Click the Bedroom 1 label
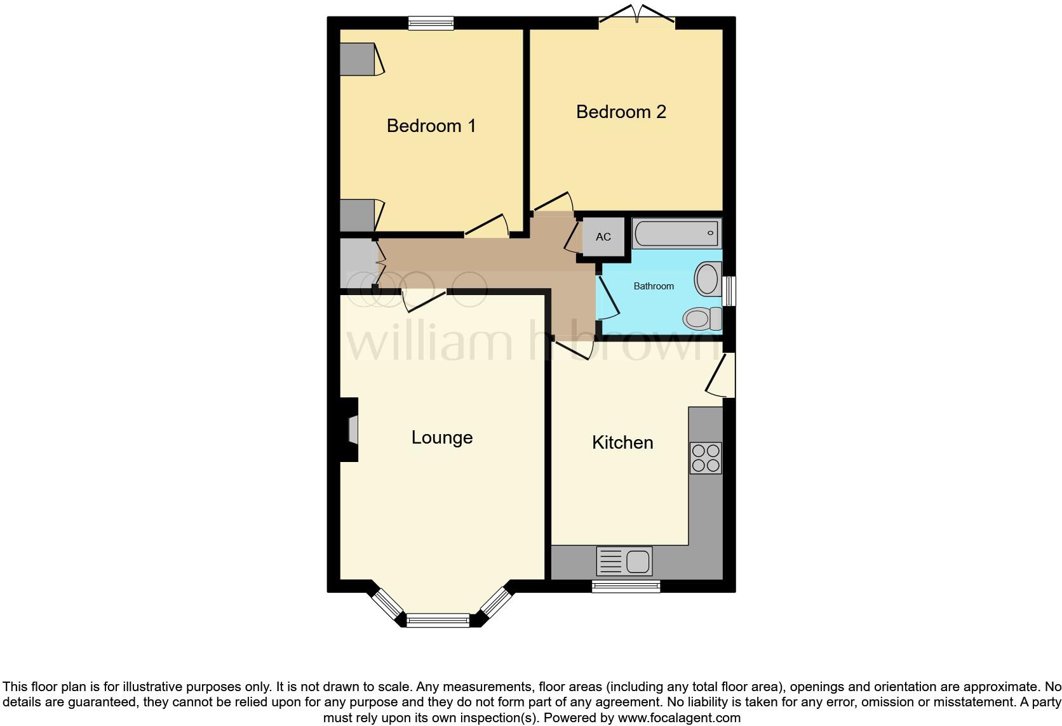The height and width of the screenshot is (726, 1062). click(x=431, y=126)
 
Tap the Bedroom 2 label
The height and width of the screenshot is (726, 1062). click(x=621, y=112)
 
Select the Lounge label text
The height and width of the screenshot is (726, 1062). click(x=441, y=437)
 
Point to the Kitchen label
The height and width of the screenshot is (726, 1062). click(x=622, y=442)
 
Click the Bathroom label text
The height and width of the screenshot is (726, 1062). click(x=654, y=286)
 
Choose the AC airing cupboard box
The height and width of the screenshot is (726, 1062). click(x=603, y=237)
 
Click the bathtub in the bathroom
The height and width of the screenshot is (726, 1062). click(x=676, y=234)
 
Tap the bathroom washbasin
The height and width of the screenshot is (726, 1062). click(x=706, y=279)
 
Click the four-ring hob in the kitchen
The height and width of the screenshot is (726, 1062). click(x=706, y=458)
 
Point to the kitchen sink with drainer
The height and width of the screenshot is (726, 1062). click(x=624, y=562)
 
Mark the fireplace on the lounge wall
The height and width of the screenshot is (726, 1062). click(x=352, y=430)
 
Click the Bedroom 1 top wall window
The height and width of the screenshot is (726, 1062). click(x=431, y=23)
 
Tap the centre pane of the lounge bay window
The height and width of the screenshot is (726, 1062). click(x=438, y=620)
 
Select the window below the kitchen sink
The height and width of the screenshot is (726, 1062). click(x=626, y=586)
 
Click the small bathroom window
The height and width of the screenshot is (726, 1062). click(x=730, y=291)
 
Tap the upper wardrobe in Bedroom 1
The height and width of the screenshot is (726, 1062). click(x=358, y=59)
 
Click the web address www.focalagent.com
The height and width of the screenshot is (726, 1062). click(x=678, y=718)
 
